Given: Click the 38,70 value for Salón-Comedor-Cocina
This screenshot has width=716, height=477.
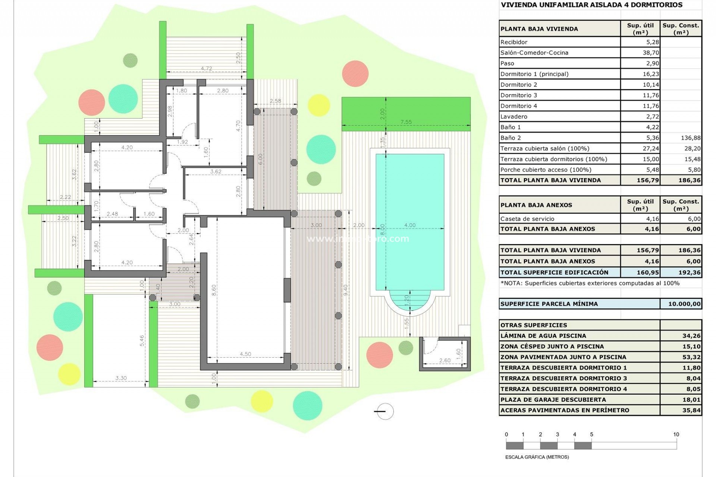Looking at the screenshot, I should (650, 53).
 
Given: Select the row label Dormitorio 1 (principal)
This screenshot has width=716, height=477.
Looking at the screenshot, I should (534, 74).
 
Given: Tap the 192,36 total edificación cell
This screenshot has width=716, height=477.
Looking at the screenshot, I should (689, 272).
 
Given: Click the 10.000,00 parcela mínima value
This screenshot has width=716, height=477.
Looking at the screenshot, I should (684, 304).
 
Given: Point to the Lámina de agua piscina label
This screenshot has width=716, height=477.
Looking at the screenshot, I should (543, 336).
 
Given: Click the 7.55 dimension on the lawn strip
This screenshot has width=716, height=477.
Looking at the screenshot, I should (406, 122).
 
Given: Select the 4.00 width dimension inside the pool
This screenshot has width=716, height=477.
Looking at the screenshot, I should (409, 225).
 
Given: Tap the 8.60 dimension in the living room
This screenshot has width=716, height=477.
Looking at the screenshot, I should (214, 290).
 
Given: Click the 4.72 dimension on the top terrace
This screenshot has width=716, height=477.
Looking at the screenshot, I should (206, 69).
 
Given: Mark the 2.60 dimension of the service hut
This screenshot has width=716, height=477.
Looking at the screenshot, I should (445, 360).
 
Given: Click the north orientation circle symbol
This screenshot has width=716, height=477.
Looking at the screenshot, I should (384, 411).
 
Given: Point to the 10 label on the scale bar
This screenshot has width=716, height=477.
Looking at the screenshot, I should (676, 435).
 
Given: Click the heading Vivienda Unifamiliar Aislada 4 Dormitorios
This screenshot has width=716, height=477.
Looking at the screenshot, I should (591, 5).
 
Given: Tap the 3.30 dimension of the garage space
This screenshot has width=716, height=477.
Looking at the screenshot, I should (121, 378).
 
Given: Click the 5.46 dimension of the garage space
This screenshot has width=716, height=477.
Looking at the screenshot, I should (142, 341).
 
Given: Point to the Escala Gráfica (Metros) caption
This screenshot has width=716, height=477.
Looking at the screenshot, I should (537, 457).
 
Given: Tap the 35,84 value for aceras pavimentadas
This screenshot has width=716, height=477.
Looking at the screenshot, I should (691, 410).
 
